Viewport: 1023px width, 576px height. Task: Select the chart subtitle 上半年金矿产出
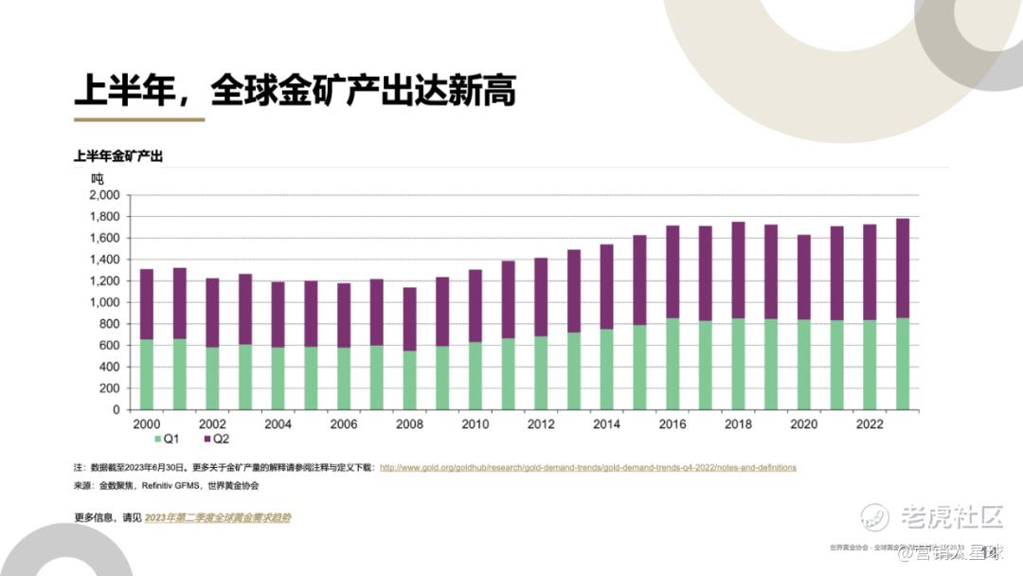tap(118, 156)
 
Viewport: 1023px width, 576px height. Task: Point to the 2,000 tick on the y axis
tap(104, 195)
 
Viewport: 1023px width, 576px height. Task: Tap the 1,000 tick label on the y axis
tap(104, 303)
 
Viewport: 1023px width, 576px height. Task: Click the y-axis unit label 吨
tap(98, 178)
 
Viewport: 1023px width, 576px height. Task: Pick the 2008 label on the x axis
tap(410, 424)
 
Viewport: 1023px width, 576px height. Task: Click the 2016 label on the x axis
tap(673, 424)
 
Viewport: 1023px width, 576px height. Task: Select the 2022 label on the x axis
tap(870, 424)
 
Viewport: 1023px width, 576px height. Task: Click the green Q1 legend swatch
tap(157, 439)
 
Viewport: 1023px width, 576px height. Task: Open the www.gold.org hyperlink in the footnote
tap(587, 468)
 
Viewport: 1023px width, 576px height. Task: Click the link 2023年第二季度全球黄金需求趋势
tap(218, 518)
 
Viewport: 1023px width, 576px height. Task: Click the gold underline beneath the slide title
tap(139, 119)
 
